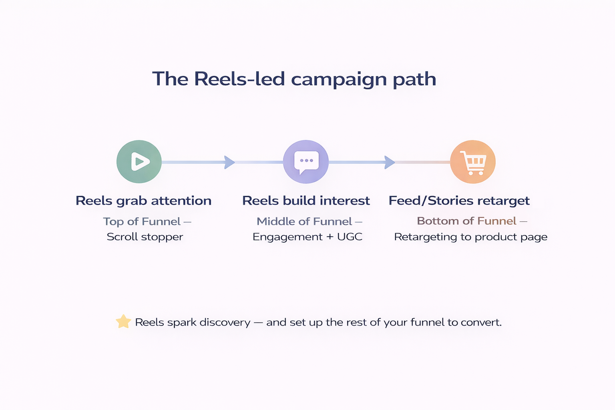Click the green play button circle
(139, 162)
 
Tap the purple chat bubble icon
(306, 162)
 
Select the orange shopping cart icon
(473, 162)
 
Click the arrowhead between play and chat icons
(229, 162)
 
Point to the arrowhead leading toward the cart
(389, 162)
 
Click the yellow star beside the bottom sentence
(123, 322)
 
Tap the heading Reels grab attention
(143, 201)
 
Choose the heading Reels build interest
(306, 201)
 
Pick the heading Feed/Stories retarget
(459, 201)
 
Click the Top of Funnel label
(142, 221)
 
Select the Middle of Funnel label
(304, 221)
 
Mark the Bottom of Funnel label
(466, 221)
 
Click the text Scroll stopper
(145, 237)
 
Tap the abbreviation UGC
(350, 237)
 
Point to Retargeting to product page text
(470, 237)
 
